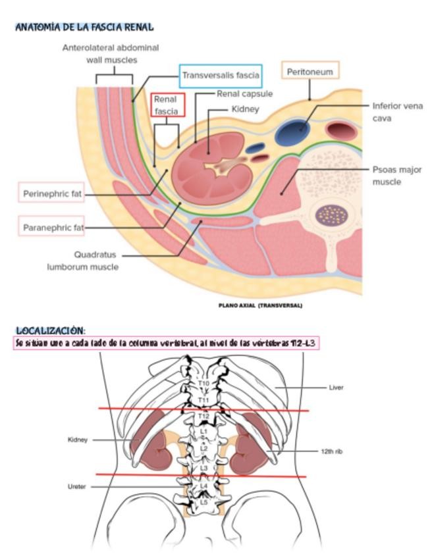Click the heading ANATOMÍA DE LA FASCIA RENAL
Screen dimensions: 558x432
84,28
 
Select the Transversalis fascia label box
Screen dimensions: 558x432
221,76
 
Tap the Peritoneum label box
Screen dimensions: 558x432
310,71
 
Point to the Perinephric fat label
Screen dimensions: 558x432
53,193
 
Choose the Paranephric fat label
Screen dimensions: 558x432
52,228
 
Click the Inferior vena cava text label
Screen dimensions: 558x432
397,112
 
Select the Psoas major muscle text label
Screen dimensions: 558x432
396,175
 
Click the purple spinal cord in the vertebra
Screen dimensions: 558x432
331,214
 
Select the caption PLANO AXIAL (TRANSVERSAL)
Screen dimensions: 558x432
260,305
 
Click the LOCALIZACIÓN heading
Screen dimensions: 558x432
51,330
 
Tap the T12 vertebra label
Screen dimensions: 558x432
203,417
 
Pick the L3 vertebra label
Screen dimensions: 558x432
203,468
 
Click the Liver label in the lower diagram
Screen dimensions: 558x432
336,388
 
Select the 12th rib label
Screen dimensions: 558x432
332,451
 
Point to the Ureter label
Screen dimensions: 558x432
77,487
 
